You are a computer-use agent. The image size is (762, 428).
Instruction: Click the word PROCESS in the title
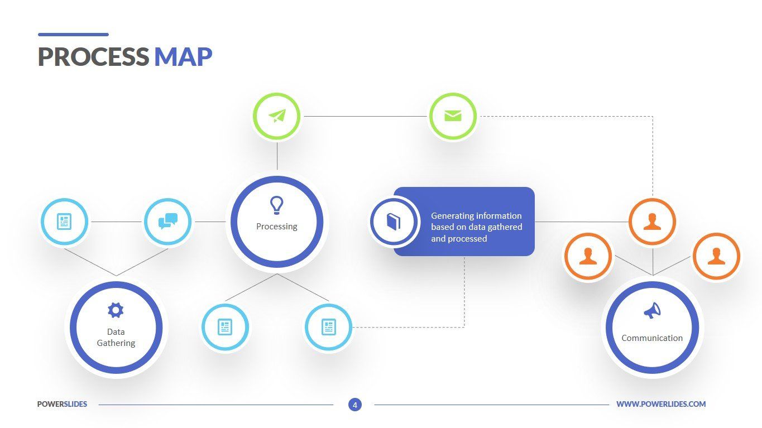pos(93,57)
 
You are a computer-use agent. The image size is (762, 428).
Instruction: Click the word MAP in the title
pos(183,57)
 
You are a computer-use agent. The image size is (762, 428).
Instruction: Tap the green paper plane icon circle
pos(277,116)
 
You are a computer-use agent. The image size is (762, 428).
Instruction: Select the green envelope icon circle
pos(453,116)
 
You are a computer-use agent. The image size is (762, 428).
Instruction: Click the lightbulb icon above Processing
pos(276,205)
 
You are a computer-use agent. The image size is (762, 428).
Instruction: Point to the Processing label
pos(276,227)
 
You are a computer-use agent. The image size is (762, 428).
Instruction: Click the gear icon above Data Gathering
pos(116,310)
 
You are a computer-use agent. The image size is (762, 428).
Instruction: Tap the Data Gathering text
pos(116,338)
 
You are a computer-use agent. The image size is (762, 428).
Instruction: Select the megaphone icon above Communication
pos(652,311)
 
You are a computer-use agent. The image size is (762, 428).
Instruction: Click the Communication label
pos(652,338)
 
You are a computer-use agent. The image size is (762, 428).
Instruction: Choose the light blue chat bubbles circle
pos(167,222)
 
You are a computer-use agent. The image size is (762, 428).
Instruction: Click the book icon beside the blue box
pos(394,222)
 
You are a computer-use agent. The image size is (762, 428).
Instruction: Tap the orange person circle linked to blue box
pos(652,222)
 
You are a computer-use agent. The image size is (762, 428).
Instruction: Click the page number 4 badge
pos(354,405)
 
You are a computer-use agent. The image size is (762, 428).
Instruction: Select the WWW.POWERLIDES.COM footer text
pos(661,405)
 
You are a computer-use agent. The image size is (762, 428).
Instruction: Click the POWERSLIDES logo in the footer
pos(62,405)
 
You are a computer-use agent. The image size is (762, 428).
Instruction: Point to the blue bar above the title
pos(73,35)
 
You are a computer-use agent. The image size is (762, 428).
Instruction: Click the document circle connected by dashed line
pos(328,327)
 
